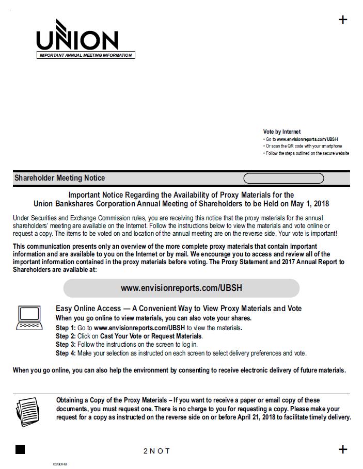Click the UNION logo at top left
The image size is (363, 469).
[77, 37]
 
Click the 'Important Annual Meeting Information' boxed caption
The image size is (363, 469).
[86, 55]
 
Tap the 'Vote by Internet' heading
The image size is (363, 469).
[281, 132]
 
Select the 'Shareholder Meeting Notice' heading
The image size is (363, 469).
[59, 178]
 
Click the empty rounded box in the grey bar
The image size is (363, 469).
[283, 179]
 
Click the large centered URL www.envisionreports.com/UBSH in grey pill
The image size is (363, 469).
[181, 288]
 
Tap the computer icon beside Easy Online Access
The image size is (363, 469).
[29, 317]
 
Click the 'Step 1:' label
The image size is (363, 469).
[66, 328]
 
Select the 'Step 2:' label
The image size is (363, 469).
[66, 336]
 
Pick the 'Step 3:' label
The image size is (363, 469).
[66, 345]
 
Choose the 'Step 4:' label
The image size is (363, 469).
[66, 353]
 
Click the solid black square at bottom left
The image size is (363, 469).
[20, 449]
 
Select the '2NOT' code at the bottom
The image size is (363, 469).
[156, 451]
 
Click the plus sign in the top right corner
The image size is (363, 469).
[343, 20]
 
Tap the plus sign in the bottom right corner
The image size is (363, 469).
[343, 449]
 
